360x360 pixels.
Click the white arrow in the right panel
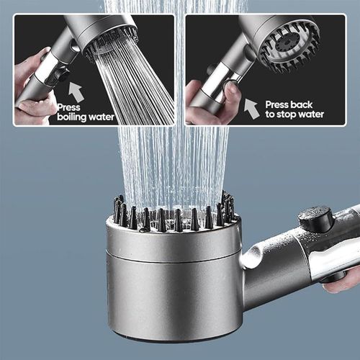click(251, 108)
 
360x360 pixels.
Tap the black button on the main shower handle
click(314, 218)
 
